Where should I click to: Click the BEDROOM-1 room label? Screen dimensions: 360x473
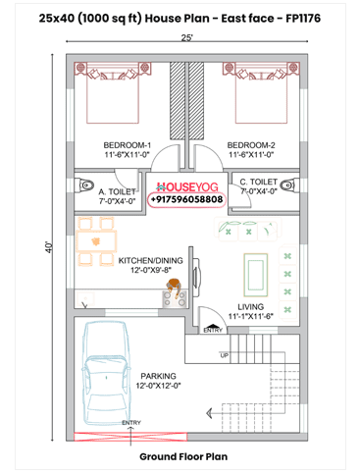tap(128, 145)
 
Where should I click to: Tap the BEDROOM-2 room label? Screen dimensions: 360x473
tap(251, 145)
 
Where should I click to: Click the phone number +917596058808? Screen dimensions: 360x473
tap(186, 199)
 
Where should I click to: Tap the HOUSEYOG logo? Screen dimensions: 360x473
tap(187, 187)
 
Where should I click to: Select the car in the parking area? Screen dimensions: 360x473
tap(106, 372)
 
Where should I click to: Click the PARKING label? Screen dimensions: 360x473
tap(158, 376)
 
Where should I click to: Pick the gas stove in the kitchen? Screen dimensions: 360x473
tap(175, 298)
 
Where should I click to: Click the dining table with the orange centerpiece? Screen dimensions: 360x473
tap(96, 241)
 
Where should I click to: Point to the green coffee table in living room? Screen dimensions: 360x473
tap(256, 275)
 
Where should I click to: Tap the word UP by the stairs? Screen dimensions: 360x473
tap(225, 355)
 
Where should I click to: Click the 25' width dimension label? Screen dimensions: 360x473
tap(186, 38)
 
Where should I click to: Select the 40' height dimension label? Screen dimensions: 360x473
tap(48, 247)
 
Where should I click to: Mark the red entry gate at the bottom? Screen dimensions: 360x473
tap(130, 437)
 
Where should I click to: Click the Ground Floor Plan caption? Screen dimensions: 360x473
tap(183, 456)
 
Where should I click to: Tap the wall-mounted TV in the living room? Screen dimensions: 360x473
tap(196, 274)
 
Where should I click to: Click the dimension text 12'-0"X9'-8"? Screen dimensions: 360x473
tap(151, 270)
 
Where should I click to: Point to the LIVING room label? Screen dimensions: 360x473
tap(250, 307)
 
